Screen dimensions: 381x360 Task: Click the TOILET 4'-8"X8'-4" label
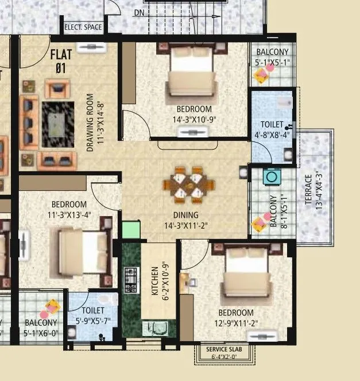[x=272, y=129]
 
